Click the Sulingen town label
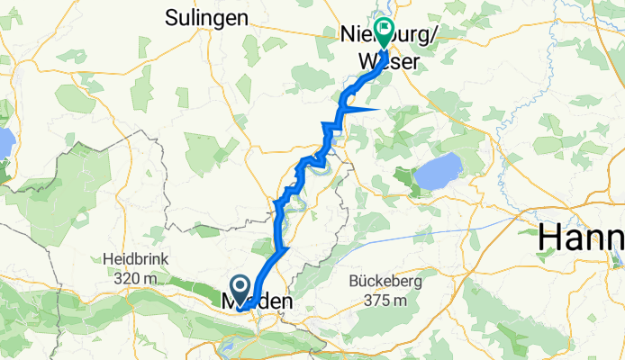click(206, 16)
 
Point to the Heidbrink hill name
click(137, 258)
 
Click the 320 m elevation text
click(137, 277)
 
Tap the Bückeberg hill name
click(389, 281)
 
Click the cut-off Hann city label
click(581, 239)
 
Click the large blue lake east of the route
click(438, 171)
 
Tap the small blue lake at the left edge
click(5, 142)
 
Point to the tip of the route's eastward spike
click(378, 108)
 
